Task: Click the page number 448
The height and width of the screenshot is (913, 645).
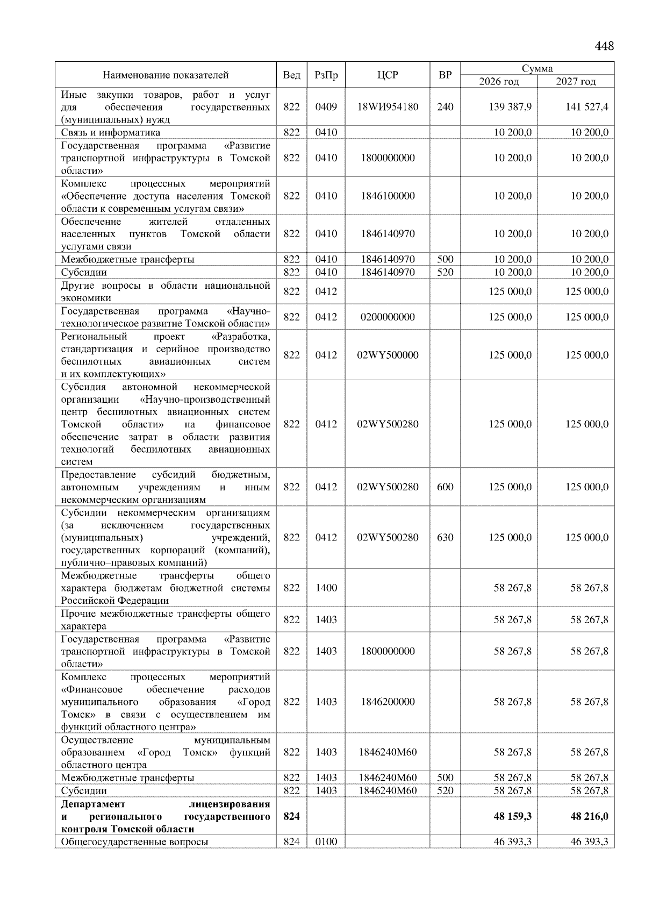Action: pyautogui.click(x=604, y=46)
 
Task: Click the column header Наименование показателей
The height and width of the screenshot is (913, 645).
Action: pyautogui.click(x=166, y=75)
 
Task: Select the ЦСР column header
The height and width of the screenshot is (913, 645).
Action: pyautogui.click(x=388, y=75)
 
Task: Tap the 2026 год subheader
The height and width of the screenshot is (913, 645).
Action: pyautogui.click(x=499, y=82)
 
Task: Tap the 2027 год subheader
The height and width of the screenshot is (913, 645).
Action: pyautogui.click(x=576, y=82)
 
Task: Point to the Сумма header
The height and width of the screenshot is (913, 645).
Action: pyautogui.click(x=537, y=69)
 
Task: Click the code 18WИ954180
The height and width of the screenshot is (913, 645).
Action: pyautogui.click(x=388, y=107)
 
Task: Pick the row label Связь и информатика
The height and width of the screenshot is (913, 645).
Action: pyautogui.click(x=111, y=132)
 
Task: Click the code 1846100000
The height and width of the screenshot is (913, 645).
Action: pyautogui.click(x=388, y=196)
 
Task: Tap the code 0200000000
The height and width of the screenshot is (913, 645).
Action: pyautogui.click(x=388, y=317)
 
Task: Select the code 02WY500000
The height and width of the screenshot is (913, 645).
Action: pyautogui.click(x=388, y=355)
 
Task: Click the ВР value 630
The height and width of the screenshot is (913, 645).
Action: pyautogui.click(x=445, y=537)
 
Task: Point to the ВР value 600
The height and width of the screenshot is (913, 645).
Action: pyautogui.click(x=445, y=487)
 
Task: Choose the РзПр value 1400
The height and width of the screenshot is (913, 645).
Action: pyautogui.click(x=326, y=588)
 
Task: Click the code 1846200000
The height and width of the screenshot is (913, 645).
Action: pyautogui.click(x=388, y=702)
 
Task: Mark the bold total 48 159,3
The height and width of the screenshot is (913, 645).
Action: pyautogui.click(x=513, y=816)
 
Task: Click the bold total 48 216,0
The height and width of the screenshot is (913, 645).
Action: pyautogui.click(x=589, y=816)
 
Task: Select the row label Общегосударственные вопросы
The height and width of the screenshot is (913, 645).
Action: pyautogui.click(x=135, y=841)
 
